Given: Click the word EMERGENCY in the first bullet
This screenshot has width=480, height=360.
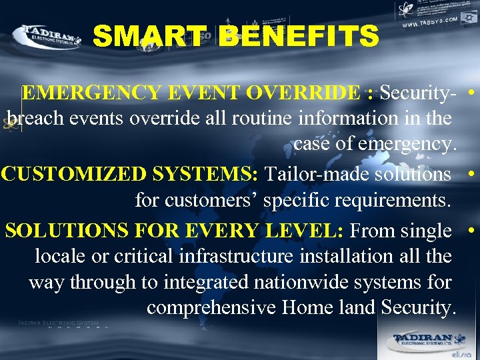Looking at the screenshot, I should tap(81, 93).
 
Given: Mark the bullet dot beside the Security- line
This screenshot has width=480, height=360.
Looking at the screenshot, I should tap(471, 92).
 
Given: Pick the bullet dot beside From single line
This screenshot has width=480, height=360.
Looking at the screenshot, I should tap(471, 230).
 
